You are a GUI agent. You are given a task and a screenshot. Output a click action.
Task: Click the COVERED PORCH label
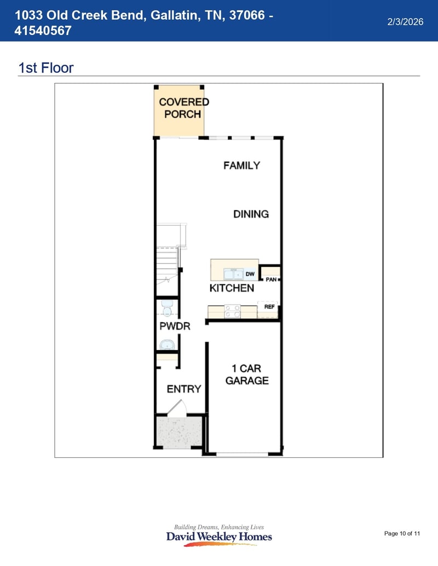(x=183, y=108)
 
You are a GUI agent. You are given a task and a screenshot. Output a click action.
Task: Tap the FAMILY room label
(x=241, y=165)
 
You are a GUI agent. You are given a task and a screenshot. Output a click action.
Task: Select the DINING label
(x=251, y=214)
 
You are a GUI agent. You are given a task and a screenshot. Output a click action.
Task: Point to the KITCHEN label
(x=232, y=288)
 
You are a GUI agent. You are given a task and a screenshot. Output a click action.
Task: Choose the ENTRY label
(x=183, y=389)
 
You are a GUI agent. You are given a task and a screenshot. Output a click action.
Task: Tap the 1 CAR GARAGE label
(x=247, y=375)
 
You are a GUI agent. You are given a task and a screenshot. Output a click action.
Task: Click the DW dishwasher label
(x=250, y=273)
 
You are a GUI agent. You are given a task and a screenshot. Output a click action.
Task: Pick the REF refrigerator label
(x=269, y=307)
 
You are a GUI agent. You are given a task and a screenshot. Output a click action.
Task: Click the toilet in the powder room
(x=167, y=308)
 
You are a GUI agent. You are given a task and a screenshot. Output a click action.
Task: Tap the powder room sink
(x=167, y=345)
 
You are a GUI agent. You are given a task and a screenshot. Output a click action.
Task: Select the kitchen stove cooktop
(x=232, y=311)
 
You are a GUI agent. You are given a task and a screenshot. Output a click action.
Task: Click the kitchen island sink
(x=233, y=273)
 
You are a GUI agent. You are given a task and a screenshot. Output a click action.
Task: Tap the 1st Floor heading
(x=46, y=68)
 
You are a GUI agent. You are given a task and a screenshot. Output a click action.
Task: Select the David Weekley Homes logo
(x=219, y=534)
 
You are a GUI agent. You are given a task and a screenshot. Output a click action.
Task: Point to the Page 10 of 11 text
(x=402, y=533)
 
